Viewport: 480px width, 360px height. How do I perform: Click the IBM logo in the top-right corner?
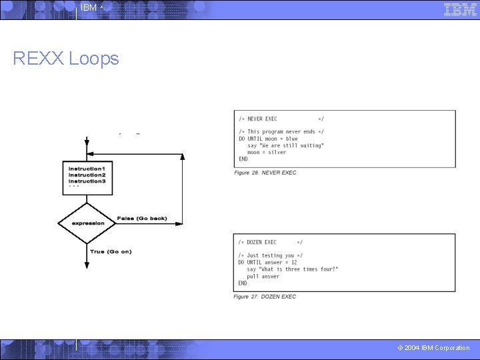[x=460, y=9]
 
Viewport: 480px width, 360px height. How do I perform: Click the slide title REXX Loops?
[x=66, y=59]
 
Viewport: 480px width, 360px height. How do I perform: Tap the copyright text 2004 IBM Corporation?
[x=433, y=348]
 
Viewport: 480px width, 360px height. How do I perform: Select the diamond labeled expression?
[x=87, y=223]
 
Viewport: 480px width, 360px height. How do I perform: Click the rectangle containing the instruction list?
[x=87, y=177]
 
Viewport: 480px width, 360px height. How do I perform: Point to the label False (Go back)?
[x=142, y=219]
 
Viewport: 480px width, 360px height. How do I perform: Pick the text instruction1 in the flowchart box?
[x=87, y=169]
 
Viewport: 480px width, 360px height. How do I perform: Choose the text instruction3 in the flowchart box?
[x=87, y=181]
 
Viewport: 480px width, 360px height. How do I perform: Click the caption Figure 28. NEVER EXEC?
[x=265, y=173]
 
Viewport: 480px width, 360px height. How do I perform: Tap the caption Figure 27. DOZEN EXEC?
[x=265, y=297]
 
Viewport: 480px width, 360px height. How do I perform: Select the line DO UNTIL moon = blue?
[x=268, y=139]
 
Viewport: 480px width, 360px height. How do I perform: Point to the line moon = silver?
[x=267, y=152]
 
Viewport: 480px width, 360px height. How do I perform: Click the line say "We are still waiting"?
[x=285, y=145]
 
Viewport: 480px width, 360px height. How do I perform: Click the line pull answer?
[x=263, y=276]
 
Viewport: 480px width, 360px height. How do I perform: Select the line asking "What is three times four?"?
[x=293, y=269]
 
